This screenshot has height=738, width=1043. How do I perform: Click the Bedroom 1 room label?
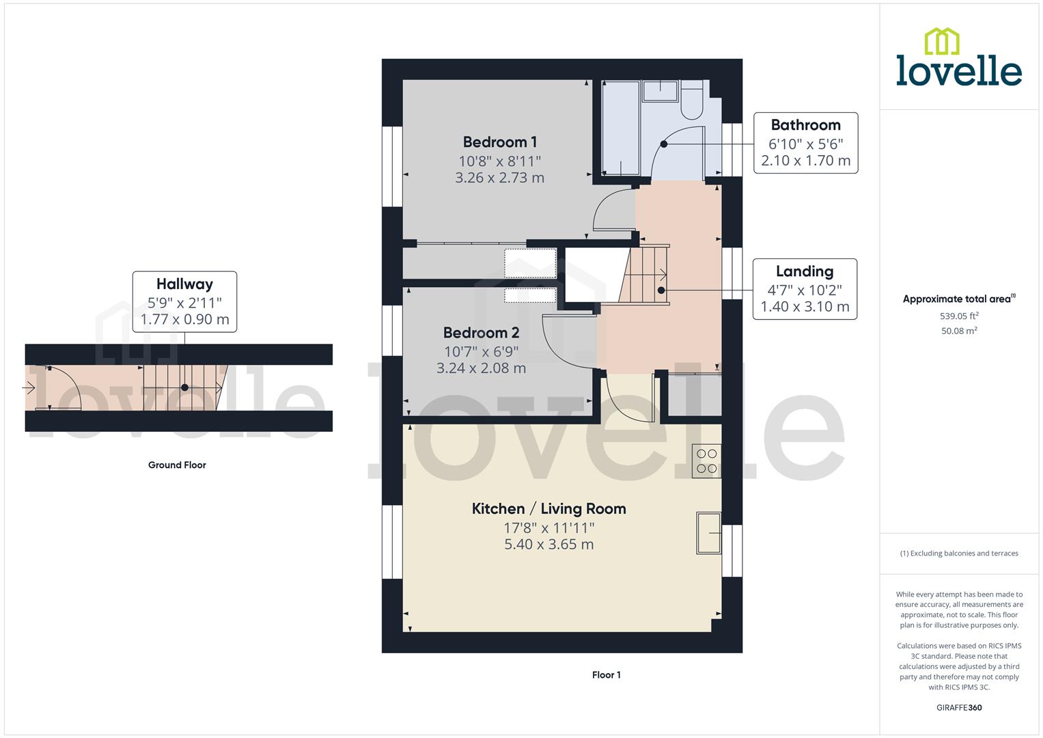coord(499,142)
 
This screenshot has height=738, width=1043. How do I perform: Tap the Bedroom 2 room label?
coord(481,333)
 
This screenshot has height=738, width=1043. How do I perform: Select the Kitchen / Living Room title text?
coord(548,508)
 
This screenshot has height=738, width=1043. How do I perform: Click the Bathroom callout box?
coord(805,143)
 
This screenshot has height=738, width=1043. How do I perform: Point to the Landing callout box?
coord(805,288)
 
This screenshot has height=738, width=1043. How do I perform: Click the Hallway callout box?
coord(184,301)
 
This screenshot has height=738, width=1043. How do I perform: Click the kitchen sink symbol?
coord(709,532)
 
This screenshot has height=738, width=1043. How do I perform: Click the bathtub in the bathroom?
coord(620,128)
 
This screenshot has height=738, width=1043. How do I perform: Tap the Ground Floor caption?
coord(177,465)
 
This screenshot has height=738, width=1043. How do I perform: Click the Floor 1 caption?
coord(606,675)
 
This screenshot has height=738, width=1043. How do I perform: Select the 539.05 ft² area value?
coord(959,316)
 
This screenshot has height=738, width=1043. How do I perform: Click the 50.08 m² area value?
coord(959,331)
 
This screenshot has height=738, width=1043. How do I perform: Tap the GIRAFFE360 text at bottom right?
coord(958,708)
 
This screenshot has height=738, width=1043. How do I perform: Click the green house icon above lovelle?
coord(941,41)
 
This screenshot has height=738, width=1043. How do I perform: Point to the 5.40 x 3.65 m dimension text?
coord(548,545)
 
